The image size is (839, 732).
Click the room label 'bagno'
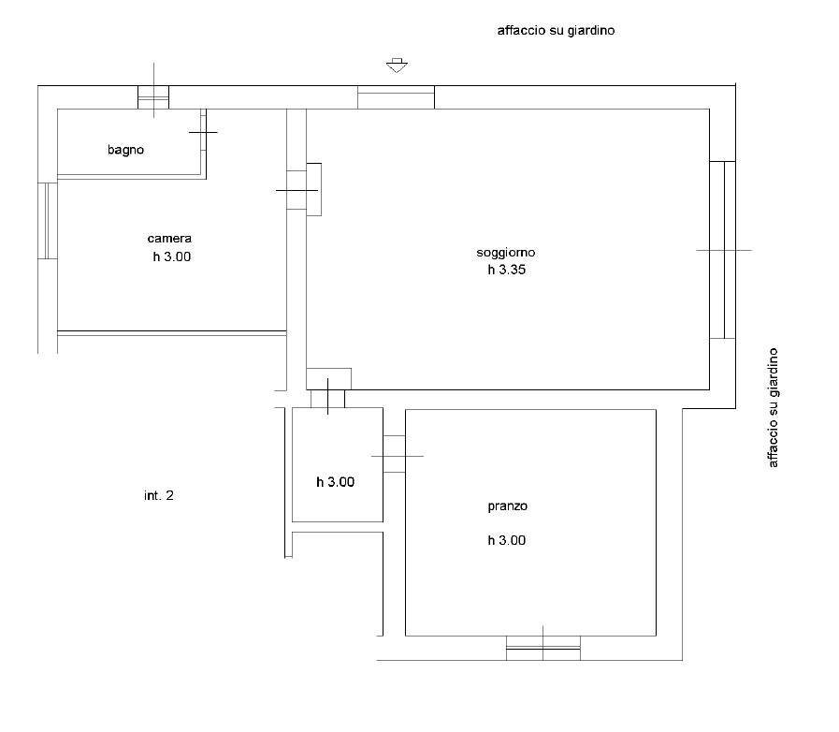[125, 149]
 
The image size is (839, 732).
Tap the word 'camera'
[169, 239]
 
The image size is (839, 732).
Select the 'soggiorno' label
[506, 253]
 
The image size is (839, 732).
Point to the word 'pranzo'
[508, 506]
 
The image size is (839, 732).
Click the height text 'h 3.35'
[506, 271]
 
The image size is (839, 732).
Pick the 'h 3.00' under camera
[172, 256]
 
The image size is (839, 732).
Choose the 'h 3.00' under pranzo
[506, 540]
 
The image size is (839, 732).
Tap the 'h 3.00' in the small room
[335, 482]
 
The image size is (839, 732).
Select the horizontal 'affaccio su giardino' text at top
[555, 30]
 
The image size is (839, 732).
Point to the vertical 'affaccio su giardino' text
[773, 408]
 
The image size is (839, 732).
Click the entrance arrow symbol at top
[398, 66]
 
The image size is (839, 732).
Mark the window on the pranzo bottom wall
[542, 648]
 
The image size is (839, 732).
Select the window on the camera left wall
[47, 221]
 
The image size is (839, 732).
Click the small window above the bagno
[153, 96]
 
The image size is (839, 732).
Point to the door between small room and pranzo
[394, 455]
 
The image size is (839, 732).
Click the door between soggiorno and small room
[328, 398]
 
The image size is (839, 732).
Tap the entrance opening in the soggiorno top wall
[396, 97]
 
